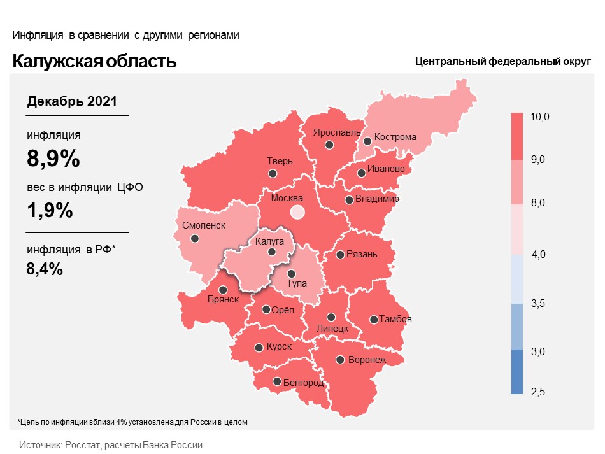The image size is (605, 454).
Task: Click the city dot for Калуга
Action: click(x=271, y=252)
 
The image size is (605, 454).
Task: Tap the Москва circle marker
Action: click(x=297, y=212)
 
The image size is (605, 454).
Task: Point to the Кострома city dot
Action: click(x=367, y=141)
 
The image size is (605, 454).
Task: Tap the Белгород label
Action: click(x=303, y=383)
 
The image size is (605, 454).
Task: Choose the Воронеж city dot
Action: click(x=341, y=360)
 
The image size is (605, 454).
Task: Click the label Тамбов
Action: click(x=395, y=318)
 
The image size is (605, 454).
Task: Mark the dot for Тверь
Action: click(x=273, y=173)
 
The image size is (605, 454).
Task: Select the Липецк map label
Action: click(x=332, y=329)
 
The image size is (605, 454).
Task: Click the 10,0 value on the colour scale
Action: click(x=540, y=117)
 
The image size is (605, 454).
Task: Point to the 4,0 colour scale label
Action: click(x=539, y=255)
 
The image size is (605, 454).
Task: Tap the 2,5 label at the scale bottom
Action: click(x=538, y=391)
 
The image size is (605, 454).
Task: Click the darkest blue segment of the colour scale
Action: click(x=516, y=372)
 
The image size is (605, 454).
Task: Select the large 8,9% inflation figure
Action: click(x=53, y=158)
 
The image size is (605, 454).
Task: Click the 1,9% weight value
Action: click(x=50, y=211)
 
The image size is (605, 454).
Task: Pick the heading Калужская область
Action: click(x=95, y=62)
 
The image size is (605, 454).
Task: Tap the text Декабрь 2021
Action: click(x=72, y=101)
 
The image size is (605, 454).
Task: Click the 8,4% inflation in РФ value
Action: click(x=45, y=269)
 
